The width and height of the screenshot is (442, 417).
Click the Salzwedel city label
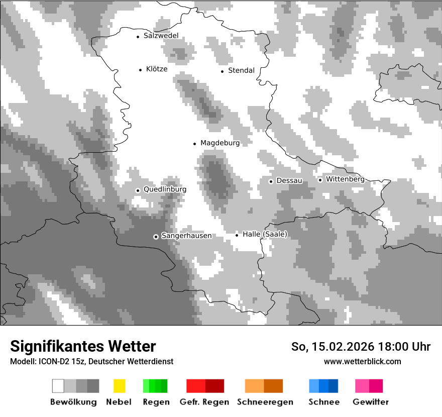pos(161,36)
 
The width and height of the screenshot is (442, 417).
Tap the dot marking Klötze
pos(140,70)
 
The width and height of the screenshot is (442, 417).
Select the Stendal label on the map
pos(241,70)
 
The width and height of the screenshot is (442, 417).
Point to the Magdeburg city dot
pos(194,144)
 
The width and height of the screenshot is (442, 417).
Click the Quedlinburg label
pos(165,189)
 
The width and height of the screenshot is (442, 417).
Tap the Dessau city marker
pos(271,181)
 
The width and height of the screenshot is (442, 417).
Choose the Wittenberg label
pos(345,179)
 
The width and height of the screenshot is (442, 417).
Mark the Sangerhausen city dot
pos(156,237)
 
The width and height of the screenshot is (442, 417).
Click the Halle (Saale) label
pos(265,234)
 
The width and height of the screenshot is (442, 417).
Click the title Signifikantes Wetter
pos(83,346)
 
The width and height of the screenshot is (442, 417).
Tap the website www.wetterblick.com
pos(362,361)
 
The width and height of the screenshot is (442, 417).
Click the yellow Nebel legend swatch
pos(119,386)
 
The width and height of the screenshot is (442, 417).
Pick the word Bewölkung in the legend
pos(73,402)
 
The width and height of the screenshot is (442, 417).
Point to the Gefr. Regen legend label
pos(204,402)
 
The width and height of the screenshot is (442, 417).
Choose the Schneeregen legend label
pos(265,402)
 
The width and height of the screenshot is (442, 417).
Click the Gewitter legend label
pos(370,402)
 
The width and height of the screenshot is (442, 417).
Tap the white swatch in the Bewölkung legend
pos(58,386)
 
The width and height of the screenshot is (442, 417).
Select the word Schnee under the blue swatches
pos(323,402)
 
